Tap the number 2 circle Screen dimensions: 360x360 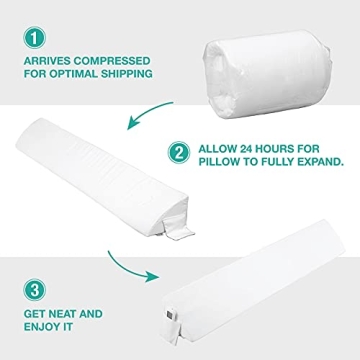coord(179,154)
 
